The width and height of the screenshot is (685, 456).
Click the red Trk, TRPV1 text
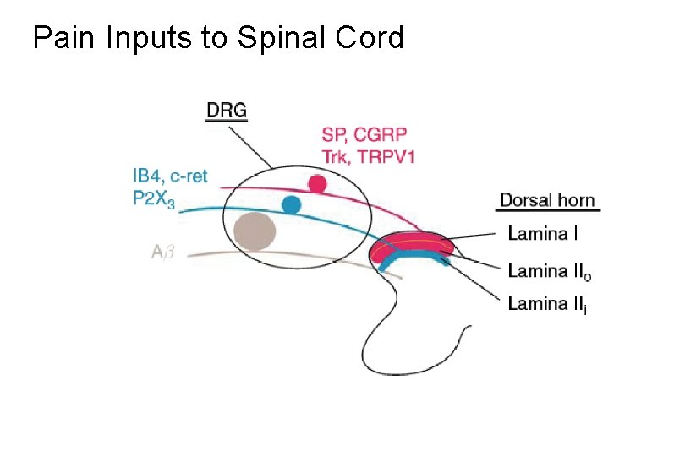coord(367,156)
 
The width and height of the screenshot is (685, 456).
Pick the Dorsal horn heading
coord(547,200)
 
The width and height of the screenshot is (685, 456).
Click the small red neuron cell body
coord(317,183)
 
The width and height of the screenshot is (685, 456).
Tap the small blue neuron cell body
coord(292,204)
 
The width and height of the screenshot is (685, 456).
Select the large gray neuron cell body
coord(255,231)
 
